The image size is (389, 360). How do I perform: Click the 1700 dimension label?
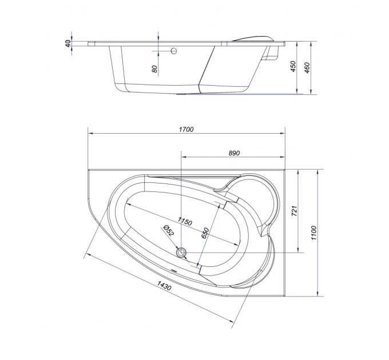[186, 129]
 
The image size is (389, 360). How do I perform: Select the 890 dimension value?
[234, 153]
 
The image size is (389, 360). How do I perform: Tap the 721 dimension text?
[294, 211]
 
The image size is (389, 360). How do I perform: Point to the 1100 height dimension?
[313, 233]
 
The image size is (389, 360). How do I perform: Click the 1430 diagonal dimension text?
[164, 286]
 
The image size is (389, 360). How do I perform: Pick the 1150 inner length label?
[185, 221]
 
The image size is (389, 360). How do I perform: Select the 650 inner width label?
[205, 233]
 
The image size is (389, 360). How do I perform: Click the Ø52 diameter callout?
[169, 230]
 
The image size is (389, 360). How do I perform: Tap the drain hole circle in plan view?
[181, 253]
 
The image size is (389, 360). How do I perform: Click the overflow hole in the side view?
[174, 51]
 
